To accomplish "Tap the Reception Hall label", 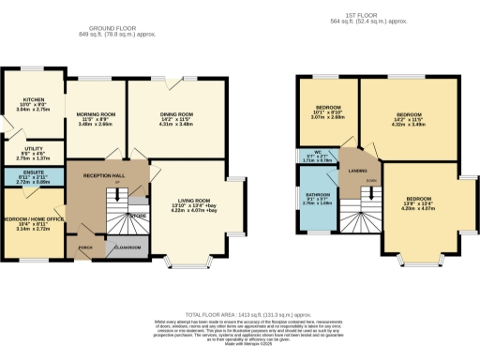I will pos(103,176).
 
